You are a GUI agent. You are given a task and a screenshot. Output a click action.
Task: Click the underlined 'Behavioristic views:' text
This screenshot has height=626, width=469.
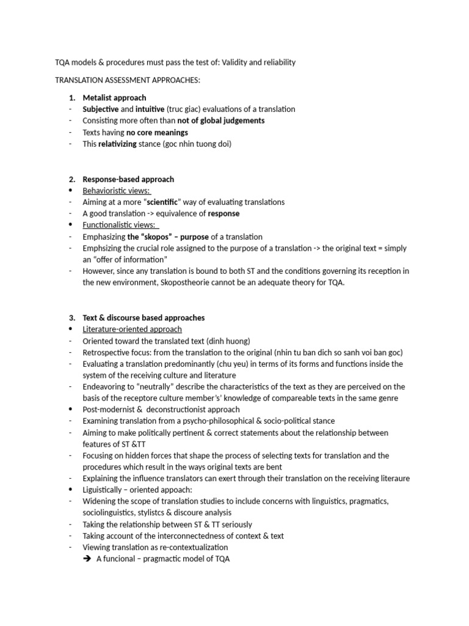click(x=117, y=191)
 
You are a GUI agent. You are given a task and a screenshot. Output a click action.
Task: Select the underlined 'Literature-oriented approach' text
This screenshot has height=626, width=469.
click(x=132, y=330)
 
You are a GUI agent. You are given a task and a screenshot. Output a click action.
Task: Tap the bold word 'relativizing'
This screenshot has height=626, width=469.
click(x=120, y=144)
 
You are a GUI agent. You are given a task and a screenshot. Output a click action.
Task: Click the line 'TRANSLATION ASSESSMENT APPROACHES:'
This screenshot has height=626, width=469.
click(x=127, y=81)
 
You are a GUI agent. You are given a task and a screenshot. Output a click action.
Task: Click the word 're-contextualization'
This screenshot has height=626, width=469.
click(x=190, y=548)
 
